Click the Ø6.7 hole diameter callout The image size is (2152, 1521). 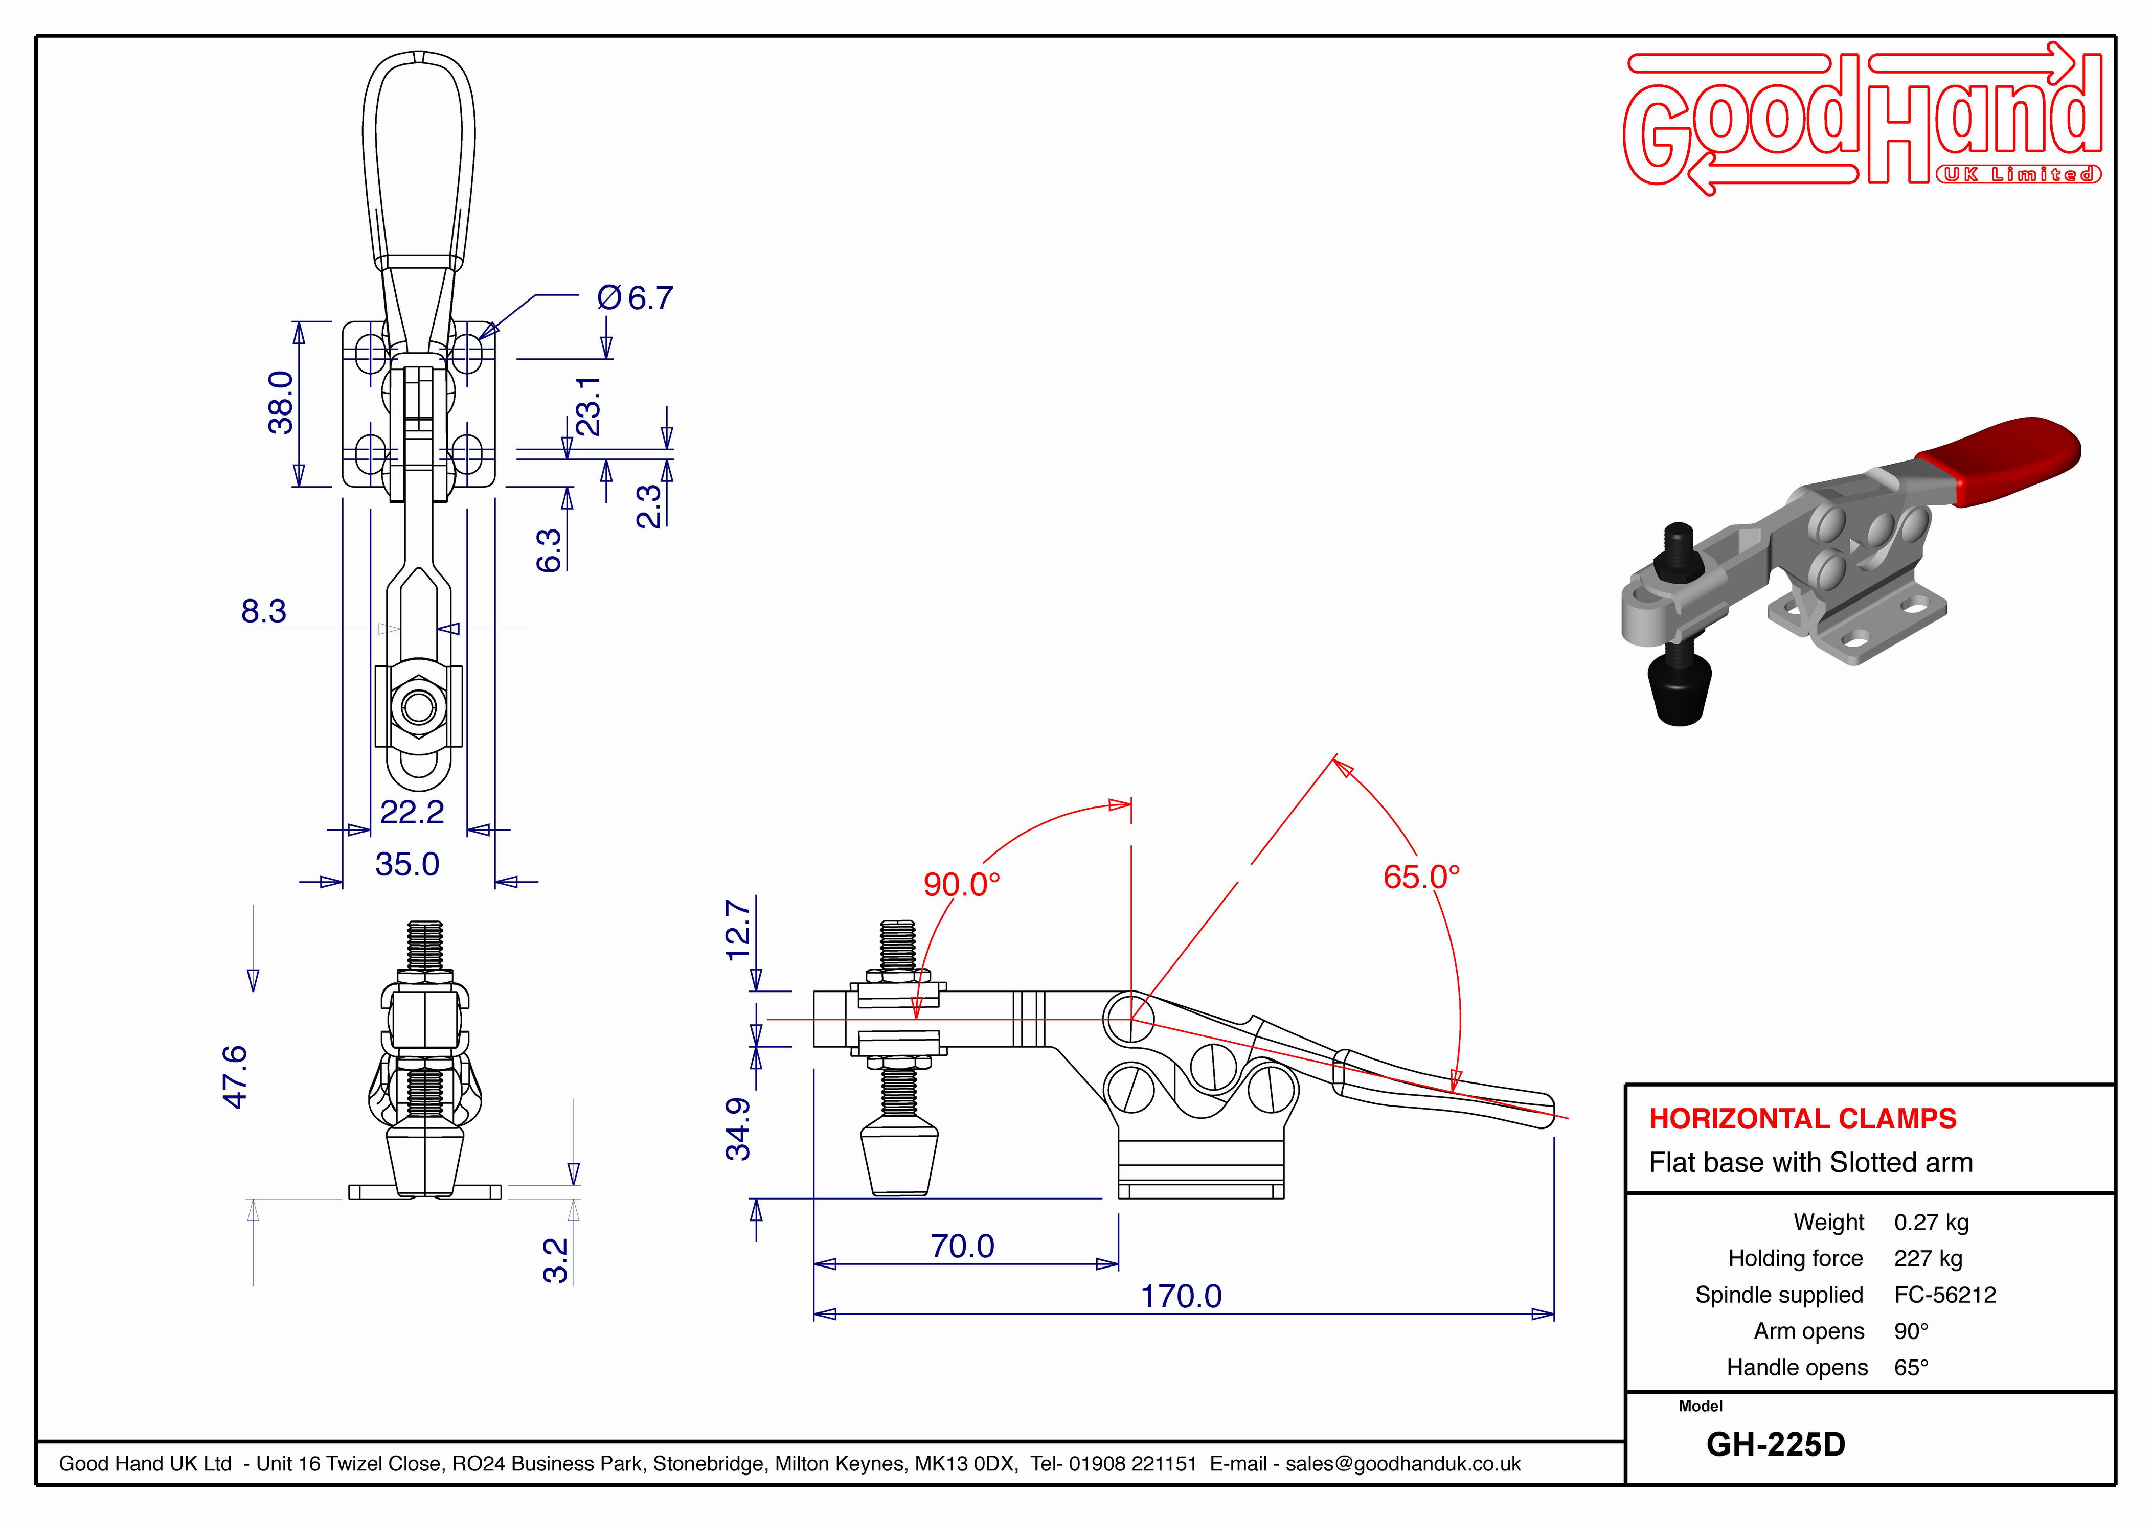point(636,298)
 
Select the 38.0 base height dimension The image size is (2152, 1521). point(281,403)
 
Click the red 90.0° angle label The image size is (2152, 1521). point(962,884)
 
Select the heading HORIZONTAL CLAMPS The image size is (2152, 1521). point(1802,1118)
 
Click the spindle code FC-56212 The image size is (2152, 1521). point(1945,1295)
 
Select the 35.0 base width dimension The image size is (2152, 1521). point(407,864)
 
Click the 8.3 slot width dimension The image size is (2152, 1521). point(263,611)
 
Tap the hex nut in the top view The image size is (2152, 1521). point(419,707)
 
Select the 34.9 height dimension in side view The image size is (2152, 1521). point(739,1130)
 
